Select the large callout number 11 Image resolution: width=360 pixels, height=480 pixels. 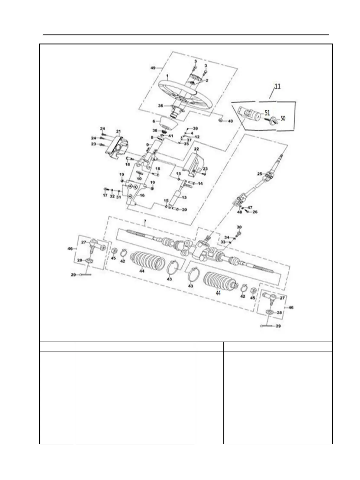pyautogui.click(x=277, y=86)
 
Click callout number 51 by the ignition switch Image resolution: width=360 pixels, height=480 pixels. pyautogui.click(x=267, y=113)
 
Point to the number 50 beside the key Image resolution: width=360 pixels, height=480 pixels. pyautogui.click(x=283, y=118)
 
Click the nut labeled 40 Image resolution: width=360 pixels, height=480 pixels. pyautogui.click(x=221, y=121)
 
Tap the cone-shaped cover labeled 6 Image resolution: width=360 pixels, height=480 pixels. pyautogui.click(x=167, y=122)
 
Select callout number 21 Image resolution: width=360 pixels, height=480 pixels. pyautogui.click(x=118, y=131)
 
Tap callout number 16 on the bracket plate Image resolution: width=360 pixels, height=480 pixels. pyautogui.click(x=142, y=195)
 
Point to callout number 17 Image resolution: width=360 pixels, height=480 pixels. pyautogui.click(x=105, y=196)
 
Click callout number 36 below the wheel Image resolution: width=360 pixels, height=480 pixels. pyautogui.click(x=161, y=105)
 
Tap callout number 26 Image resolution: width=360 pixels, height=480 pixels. pyautogui.click(x=255, y=212)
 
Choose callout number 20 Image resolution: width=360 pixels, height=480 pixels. pyautogui.click(x=184, y=209)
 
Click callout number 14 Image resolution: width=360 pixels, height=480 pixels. pyautogui.click(x=200, y=183)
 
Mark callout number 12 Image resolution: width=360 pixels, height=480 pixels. pyautogui.click(x=197, y=137)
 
